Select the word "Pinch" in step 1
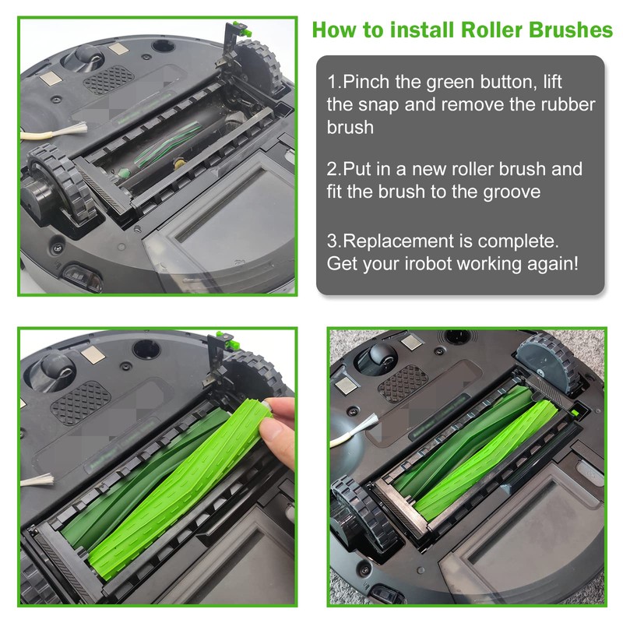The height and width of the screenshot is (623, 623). click(x=365, y=82)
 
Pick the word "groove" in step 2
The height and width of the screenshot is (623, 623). click(x=502, y=191)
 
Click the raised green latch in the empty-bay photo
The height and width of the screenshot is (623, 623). click(x=242, y=31)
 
